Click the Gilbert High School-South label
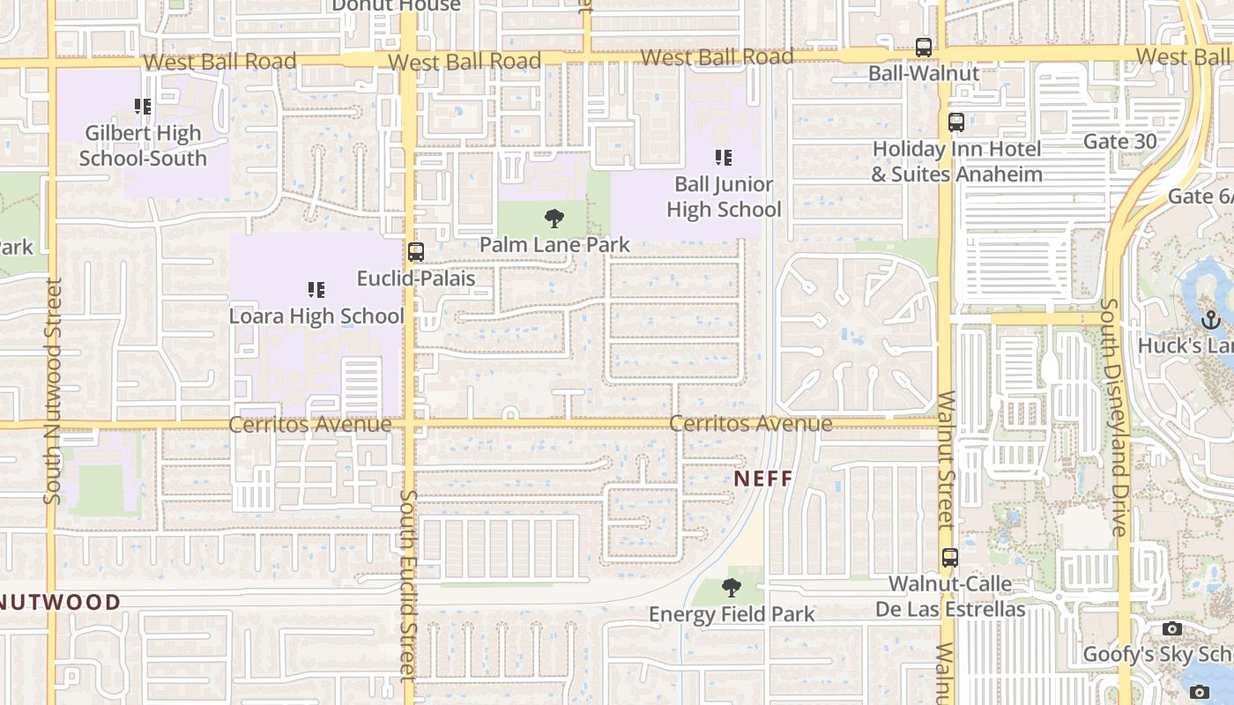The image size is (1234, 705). pos(143,146)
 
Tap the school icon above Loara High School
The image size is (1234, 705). pos(316,289)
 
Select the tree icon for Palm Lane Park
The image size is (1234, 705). pos(554,218)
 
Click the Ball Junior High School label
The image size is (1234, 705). pos(724,197)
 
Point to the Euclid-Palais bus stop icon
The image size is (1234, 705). pos(416,252)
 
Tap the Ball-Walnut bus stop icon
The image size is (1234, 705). pos(923,48)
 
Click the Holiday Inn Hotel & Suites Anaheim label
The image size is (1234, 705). pos(956,162)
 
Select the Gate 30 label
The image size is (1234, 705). pos(1119,141)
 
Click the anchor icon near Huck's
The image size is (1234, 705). pos(1210,319)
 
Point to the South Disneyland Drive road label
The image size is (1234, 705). pos(1114,417)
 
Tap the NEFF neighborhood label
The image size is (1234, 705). pos(762,479)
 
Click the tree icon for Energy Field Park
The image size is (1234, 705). pos(731,587)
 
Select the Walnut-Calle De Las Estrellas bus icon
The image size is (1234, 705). pos(949,557)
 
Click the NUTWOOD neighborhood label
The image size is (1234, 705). pos(60,603)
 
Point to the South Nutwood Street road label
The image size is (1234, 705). pos(53,391)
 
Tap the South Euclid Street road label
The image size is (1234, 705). pos(407,585)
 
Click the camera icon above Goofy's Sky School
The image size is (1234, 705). pos(1171,628)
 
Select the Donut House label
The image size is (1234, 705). pos(396,6)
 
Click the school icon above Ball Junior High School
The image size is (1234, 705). pos(724,158)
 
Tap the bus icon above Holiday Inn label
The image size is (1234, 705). pos(956,122)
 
